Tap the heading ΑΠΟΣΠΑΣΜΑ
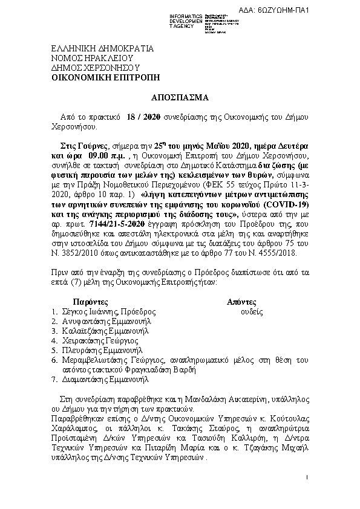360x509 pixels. (x=180, y=97)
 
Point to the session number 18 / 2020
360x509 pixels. (x=143, y=117)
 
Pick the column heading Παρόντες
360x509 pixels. (x=90, y=301)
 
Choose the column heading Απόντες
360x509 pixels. (x=241, y=301)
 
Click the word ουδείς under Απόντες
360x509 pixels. (x=251, y=311)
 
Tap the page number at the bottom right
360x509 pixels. (x=307, y=479)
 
